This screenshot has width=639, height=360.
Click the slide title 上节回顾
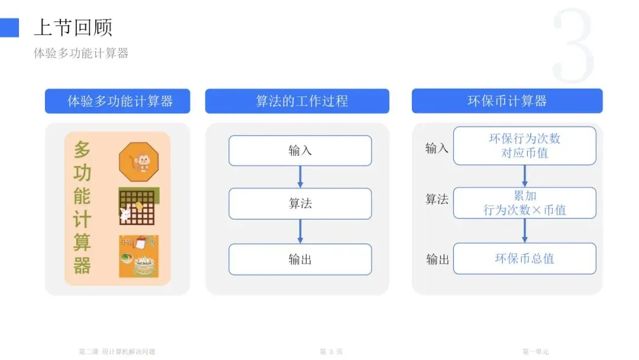point(73,27)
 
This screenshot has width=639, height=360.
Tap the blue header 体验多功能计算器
point(118,101)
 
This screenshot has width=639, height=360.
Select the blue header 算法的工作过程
point(297,101)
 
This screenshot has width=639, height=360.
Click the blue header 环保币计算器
point(507,101)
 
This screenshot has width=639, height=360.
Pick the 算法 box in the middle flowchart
point(300,204)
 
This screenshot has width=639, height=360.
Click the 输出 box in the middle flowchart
point(300,259)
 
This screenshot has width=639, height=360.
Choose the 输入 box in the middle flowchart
point(300,150)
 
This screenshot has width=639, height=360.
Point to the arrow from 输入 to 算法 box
point(300,176)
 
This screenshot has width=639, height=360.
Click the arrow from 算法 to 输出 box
point(300,231)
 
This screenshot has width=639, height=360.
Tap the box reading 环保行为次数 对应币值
point(524,146)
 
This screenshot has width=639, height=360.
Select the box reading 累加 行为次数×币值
point(524,202)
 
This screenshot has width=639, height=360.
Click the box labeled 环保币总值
point(524,259)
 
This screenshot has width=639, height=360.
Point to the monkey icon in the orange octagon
point(138,162)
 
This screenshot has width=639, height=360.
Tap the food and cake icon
point(138,256)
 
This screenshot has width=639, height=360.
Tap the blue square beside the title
point(9,27)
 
